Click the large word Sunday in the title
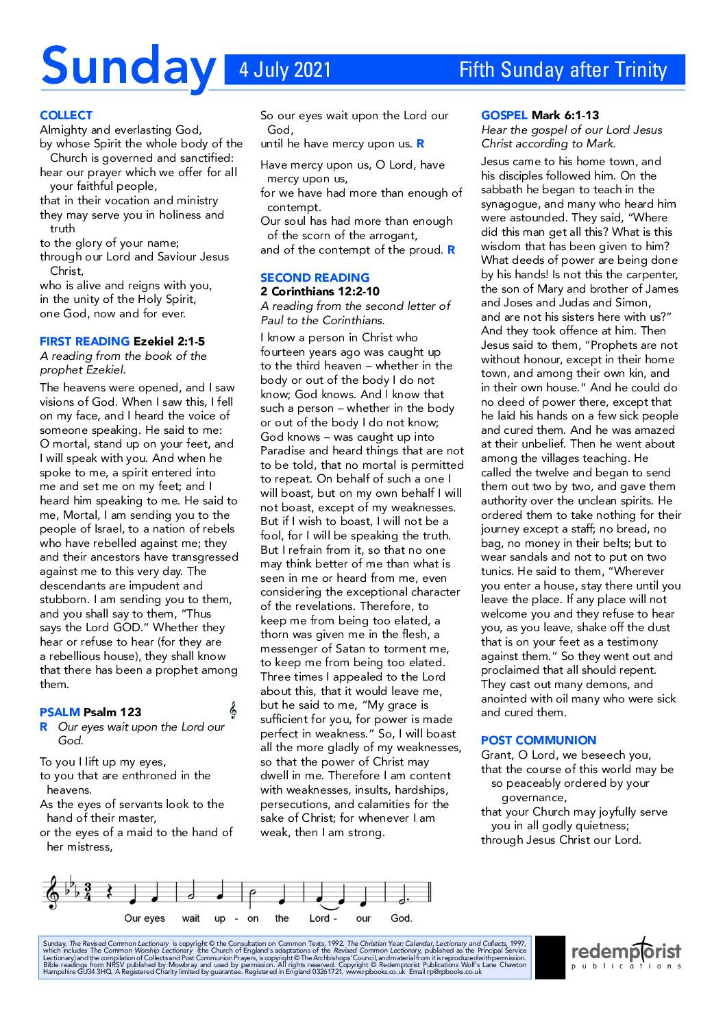(x=128, y=67)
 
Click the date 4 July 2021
(x=285, y=70)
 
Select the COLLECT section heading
(x=66, y=115)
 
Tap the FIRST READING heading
(x=84, y=341)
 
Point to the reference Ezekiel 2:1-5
(x=169, y=341)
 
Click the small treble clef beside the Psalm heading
(x=233, y=711)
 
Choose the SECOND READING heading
(x=315, y=278)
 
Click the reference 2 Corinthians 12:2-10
(x=320, y=291)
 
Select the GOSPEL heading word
(x=504, y=115)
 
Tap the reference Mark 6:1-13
(x=565, y=115)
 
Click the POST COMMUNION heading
(x=539, y=740)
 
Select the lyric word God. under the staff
(x=402, y=918)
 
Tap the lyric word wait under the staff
(x=191, y=918)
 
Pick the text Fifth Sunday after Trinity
(x=563, y=70)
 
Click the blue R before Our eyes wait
(x=44, y=726)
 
